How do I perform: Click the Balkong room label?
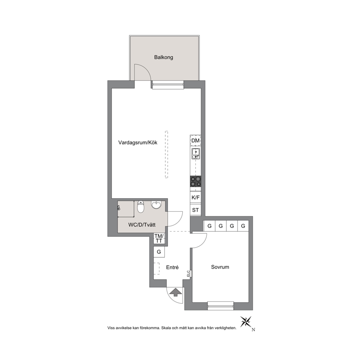[163, 57]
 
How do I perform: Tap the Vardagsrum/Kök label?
[138, 143]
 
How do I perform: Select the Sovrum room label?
[220, 267]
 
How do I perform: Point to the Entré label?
[172, 267]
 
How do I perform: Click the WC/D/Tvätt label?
[142, 225]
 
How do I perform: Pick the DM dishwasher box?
[195, 140]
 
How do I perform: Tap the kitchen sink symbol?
[196, 154]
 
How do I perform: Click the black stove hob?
[196, 181]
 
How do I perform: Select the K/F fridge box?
[196, 197]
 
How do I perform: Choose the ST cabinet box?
[196, 210]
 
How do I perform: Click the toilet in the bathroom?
[140, 206]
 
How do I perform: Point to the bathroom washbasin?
[156, 204]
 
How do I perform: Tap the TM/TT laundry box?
[159, 238]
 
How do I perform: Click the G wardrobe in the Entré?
[159, 252]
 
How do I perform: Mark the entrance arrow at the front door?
[176, 292]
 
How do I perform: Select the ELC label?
[188, 273]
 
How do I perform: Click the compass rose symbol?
[246, 322]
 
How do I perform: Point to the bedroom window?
[220, 306]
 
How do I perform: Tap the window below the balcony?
[168, 85]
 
